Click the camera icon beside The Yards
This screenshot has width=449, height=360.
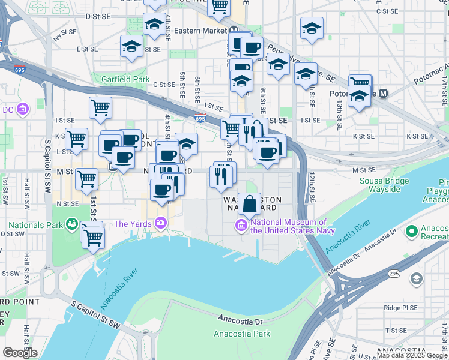click(x=160, y=224)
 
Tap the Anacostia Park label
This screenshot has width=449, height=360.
click(x=243, y=334)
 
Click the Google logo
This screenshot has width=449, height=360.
click(x=20, y=353)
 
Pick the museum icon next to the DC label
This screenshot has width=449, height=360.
click(x=23, y=109)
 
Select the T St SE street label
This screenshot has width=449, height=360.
click(x=396, y=330)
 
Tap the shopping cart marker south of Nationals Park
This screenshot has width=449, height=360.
click(x=94, y=238)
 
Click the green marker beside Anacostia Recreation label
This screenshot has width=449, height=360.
click(x=411, y=231)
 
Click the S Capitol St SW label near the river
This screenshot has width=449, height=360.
click(x=97, y=317)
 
